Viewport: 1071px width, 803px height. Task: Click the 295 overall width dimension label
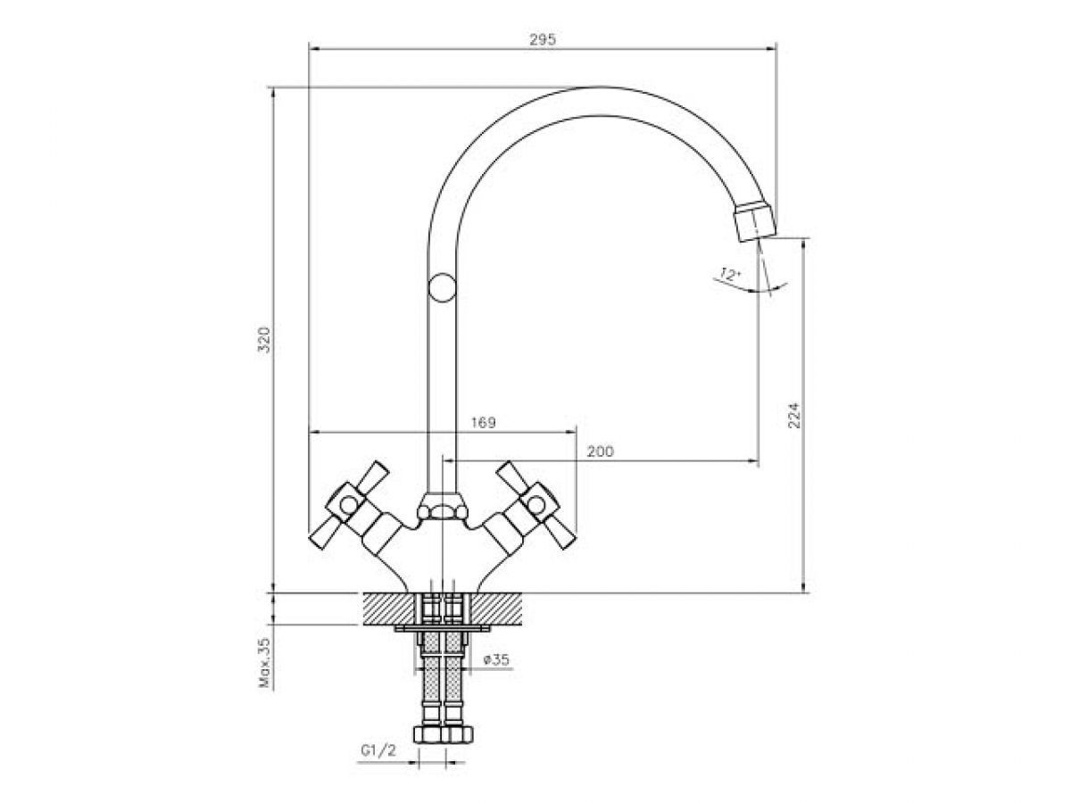click(x=542, y=40)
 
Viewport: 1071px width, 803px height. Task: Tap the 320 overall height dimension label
click(x=264, y=339)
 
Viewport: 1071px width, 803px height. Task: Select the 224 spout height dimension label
click(x=794, y=415)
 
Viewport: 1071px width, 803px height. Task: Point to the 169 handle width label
click(x=483, y=422)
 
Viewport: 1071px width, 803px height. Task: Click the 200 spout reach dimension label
click(x=600, y=451)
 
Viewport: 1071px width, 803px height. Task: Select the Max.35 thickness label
click(x=264, y=663)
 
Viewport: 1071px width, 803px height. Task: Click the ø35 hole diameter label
click(x=495, y=659)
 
